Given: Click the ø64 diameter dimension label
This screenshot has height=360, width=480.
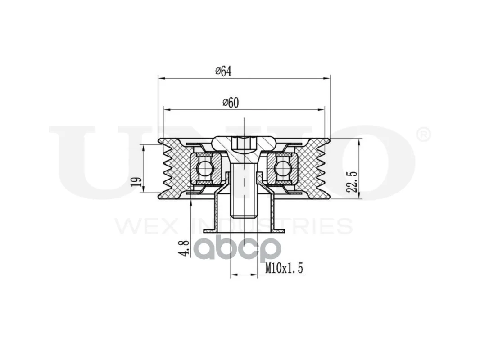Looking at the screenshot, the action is click(x=223, y=71).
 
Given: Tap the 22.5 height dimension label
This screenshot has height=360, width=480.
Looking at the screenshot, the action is click(x=353, y=182).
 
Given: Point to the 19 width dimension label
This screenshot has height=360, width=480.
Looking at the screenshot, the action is click(x=138, y=182).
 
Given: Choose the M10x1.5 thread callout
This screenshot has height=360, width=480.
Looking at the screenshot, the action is click(x=284, y=268).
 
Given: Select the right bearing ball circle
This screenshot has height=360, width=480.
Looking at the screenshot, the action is click(x=282, y=169).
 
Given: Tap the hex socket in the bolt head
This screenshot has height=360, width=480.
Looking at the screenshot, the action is click(x=244, y=143).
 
